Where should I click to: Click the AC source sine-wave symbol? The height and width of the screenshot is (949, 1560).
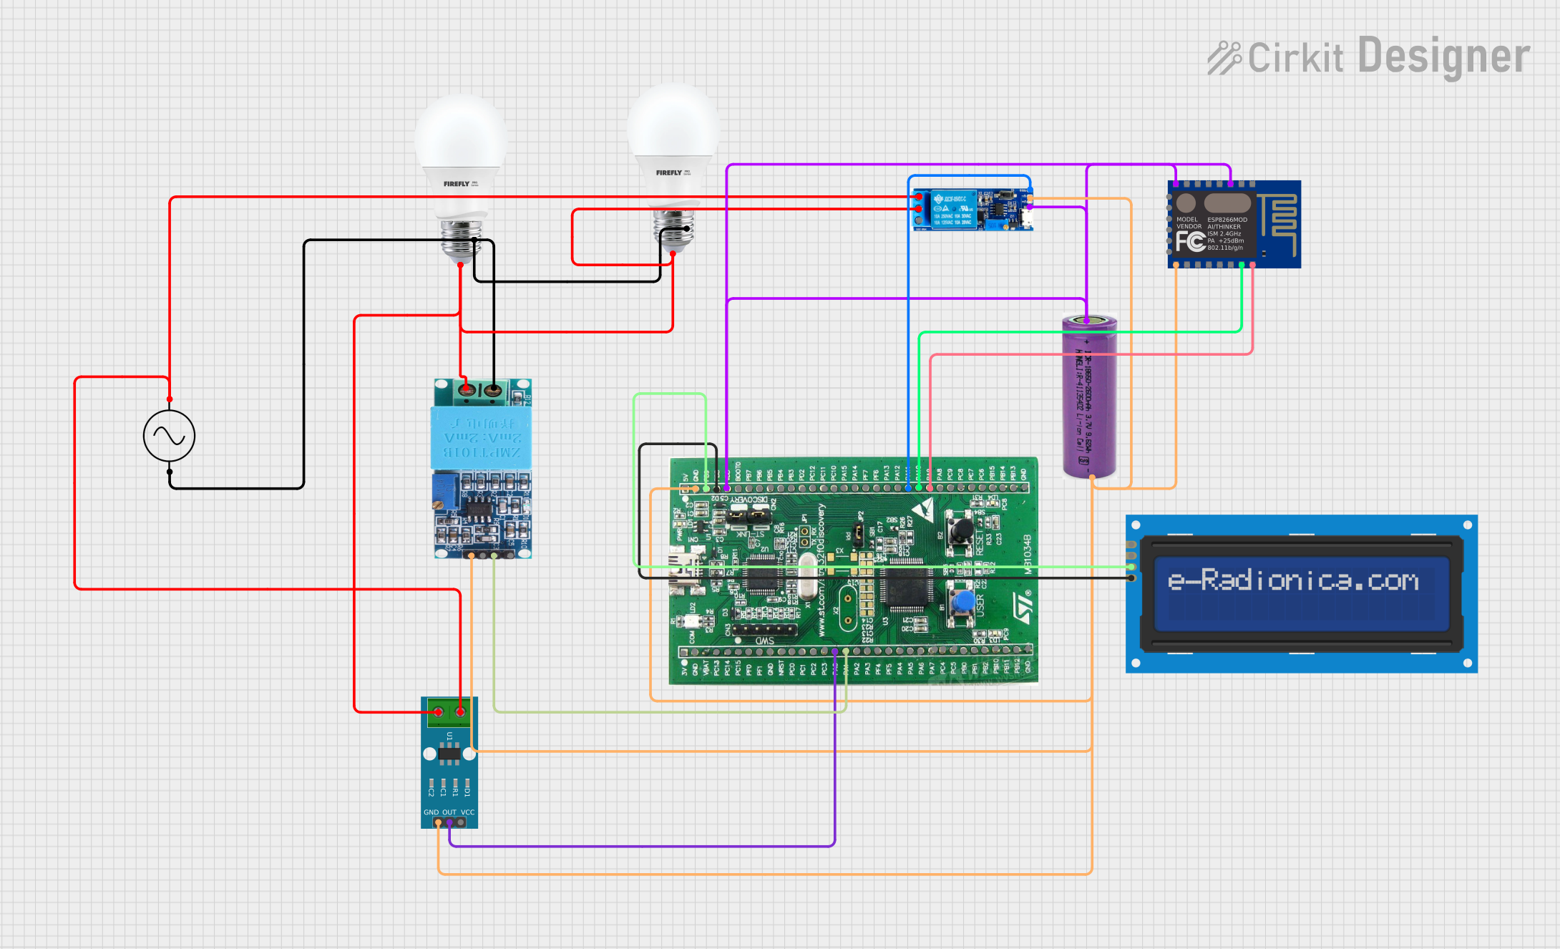(169, 435)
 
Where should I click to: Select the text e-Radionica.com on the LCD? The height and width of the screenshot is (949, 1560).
(1292, 580)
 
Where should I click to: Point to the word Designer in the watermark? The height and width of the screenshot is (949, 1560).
(1443, 57)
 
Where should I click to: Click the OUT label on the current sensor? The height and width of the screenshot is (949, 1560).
(449, 812)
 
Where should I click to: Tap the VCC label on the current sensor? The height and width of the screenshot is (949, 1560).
(467, 812)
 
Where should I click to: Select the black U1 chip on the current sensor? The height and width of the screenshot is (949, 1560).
(449, 752)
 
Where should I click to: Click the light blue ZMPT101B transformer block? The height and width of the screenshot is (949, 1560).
(481, 437)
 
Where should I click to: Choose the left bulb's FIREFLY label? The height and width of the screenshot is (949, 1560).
(457, 184)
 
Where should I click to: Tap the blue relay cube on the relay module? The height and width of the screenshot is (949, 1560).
(953, 210)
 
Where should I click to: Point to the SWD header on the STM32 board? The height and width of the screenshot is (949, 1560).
(764, 630)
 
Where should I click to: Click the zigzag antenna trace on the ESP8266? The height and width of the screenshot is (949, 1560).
(1278, 215)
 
